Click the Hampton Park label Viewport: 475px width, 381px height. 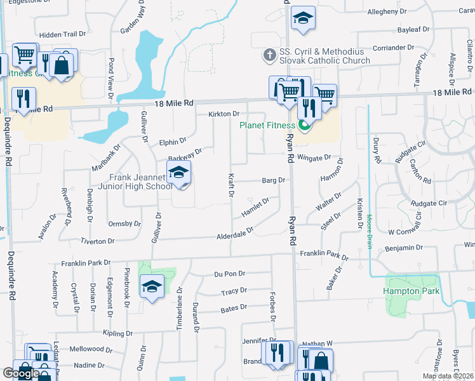tap(410, 291)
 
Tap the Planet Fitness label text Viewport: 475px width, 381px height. tap(267, 124)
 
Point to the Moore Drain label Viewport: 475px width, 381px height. tap(368, 232)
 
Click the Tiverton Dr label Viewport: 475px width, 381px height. tap(98, 241)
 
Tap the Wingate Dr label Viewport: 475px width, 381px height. tap(314, 157)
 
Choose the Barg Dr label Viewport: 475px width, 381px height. tap(274, 180)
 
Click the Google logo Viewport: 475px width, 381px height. tap(20, 373)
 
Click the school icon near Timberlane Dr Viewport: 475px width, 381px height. tap(152, 287)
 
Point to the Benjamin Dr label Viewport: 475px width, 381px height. tap(404, 248)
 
